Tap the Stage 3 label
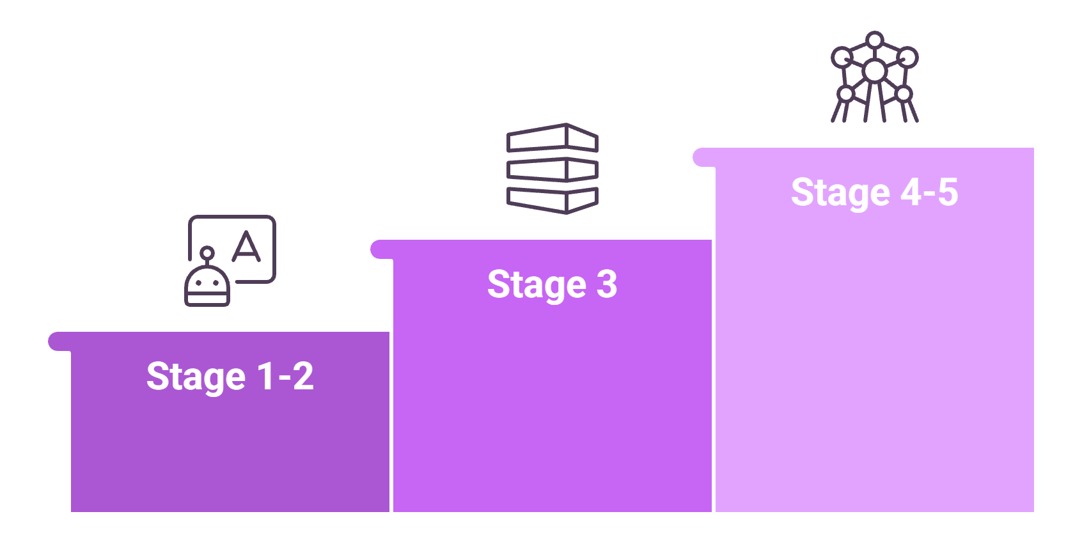point(552,285)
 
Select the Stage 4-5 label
point(874,192)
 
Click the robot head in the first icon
point(207,286)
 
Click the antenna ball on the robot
point(207,253)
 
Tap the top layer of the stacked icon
point(552,137)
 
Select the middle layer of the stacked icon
point(552,169)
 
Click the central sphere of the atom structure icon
point(874,71)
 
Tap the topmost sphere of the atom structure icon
point(874,40)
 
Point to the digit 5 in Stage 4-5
point(948,192)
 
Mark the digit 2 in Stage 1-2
point(303,376)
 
